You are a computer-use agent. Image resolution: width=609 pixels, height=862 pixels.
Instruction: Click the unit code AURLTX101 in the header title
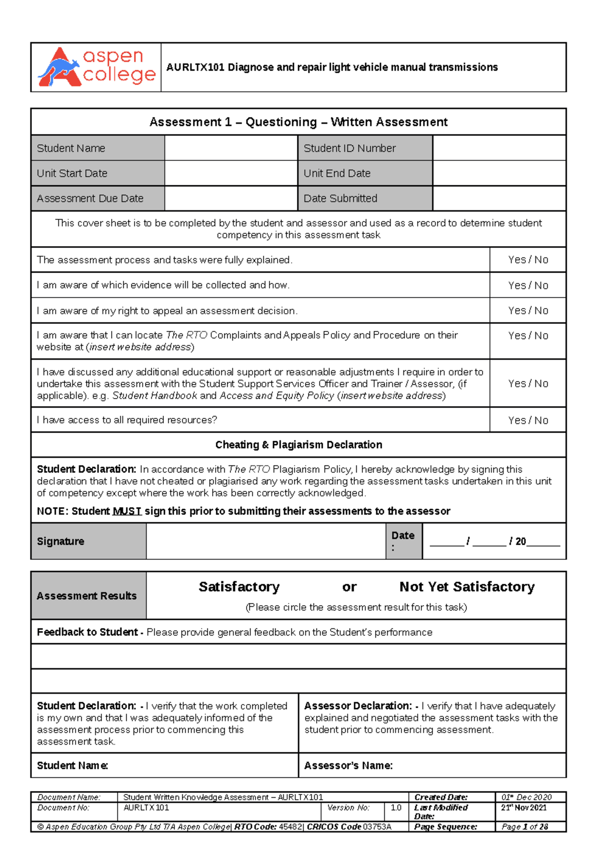pyautogui.click(x=195, y=68)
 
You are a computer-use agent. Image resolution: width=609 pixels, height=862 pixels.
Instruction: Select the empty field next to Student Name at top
pyautogui.click(x=230, y=148)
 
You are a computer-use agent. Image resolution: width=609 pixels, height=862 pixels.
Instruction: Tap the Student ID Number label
pyautogui.click(x=349, y=148)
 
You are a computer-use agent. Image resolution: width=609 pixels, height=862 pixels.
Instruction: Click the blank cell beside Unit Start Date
pyautogui.click(x=230, y=173)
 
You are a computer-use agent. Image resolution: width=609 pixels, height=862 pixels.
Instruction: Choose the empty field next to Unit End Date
pyautogui.click(x=499, y=173)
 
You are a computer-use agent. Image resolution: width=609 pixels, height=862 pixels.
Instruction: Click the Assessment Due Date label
pyautogui.click(x=90, y=198)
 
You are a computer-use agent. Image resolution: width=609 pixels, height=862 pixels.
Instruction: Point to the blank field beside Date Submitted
pyautogui.click(x=499, y=198)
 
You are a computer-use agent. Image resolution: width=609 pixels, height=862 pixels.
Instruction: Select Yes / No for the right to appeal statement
pyautogui.click(x=528, y=310)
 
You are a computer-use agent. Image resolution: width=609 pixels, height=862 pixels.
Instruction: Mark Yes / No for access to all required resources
pyautogui.click(x=528, y=420)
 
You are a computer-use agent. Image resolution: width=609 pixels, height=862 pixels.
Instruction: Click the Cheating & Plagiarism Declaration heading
pyautogui.click(x=298, y=445)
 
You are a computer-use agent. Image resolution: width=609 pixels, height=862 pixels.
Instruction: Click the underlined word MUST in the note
pyautogui.click(x=126, y=511)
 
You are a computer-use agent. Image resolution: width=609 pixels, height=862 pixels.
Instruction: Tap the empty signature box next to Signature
pyautogui.click(x=265, y=541)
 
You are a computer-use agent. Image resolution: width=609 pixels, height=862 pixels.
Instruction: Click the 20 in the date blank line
pyautogui.click(x=520, y=542)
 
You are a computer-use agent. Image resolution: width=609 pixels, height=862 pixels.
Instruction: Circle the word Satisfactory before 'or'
pyautogui.click(x=239, y=587)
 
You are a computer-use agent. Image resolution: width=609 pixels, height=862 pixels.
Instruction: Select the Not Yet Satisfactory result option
pyautogui.click(x=467, y=587)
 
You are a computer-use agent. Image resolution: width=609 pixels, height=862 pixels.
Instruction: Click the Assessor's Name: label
pyautogui.click(x=348, y=766)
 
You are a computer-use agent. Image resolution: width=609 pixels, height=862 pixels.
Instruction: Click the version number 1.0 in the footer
pyautogui.click(x=396, y=808)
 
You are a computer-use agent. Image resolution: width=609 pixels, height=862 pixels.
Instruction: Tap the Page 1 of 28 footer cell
pyautogui.click(x=525, y=827)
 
